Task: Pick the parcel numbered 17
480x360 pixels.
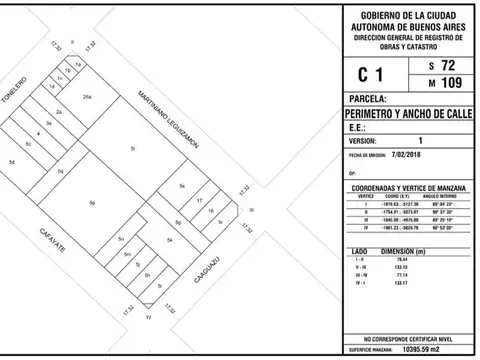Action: [201, 200]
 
